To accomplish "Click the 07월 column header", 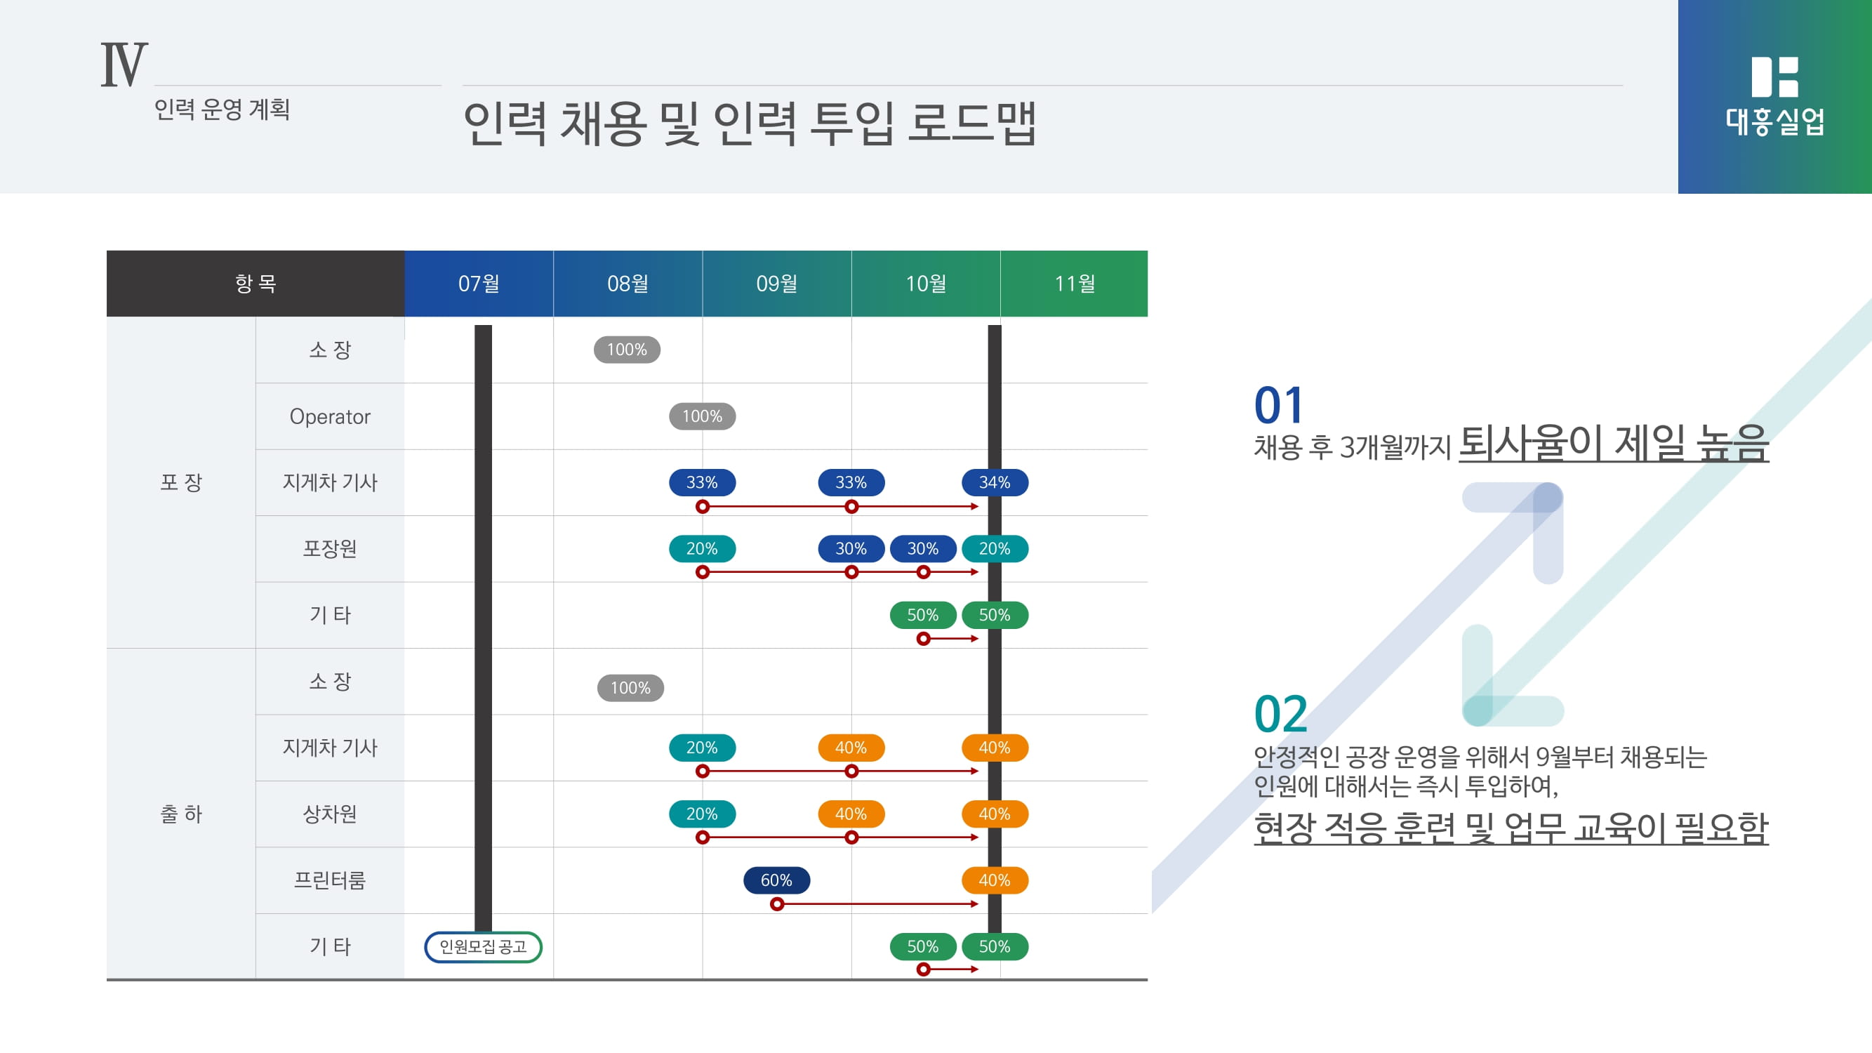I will click(x=479, y=284).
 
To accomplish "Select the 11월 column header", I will click(x=1074, y=284).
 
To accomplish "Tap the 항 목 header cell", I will click(x=255, y=284).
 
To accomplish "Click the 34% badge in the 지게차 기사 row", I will click(x=994, y=482).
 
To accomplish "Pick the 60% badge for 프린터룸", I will click(x=776, y=880).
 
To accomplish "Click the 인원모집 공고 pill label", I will click(x=483, y=947).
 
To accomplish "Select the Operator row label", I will click(x=330, y=416).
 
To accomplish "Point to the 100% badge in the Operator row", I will click(x=702, y=416).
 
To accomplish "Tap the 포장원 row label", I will click(x=330, y=549).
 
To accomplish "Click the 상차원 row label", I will click(x=330, y=814).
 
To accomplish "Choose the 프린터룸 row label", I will click(x=330, y=880).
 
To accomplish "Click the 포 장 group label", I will click(x=181, y=482).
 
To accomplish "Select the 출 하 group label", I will click(x=181, y=814).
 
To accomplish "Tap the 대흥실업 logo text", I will click(x=1774, y=121).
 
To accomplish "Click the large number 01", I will click(x=1279, y=405).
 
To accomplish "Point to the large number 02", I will click(x=1280, y=715).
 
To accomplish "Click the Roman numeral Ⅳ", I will click(x=124, y=65).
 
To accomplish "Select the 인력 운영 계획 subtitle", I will click(x=222, y=110).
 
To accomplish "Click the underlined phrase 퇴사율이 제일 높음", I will click(x=1613, y=443).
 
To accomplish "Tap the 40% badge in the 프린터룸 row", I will click(x=994, y=880).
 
